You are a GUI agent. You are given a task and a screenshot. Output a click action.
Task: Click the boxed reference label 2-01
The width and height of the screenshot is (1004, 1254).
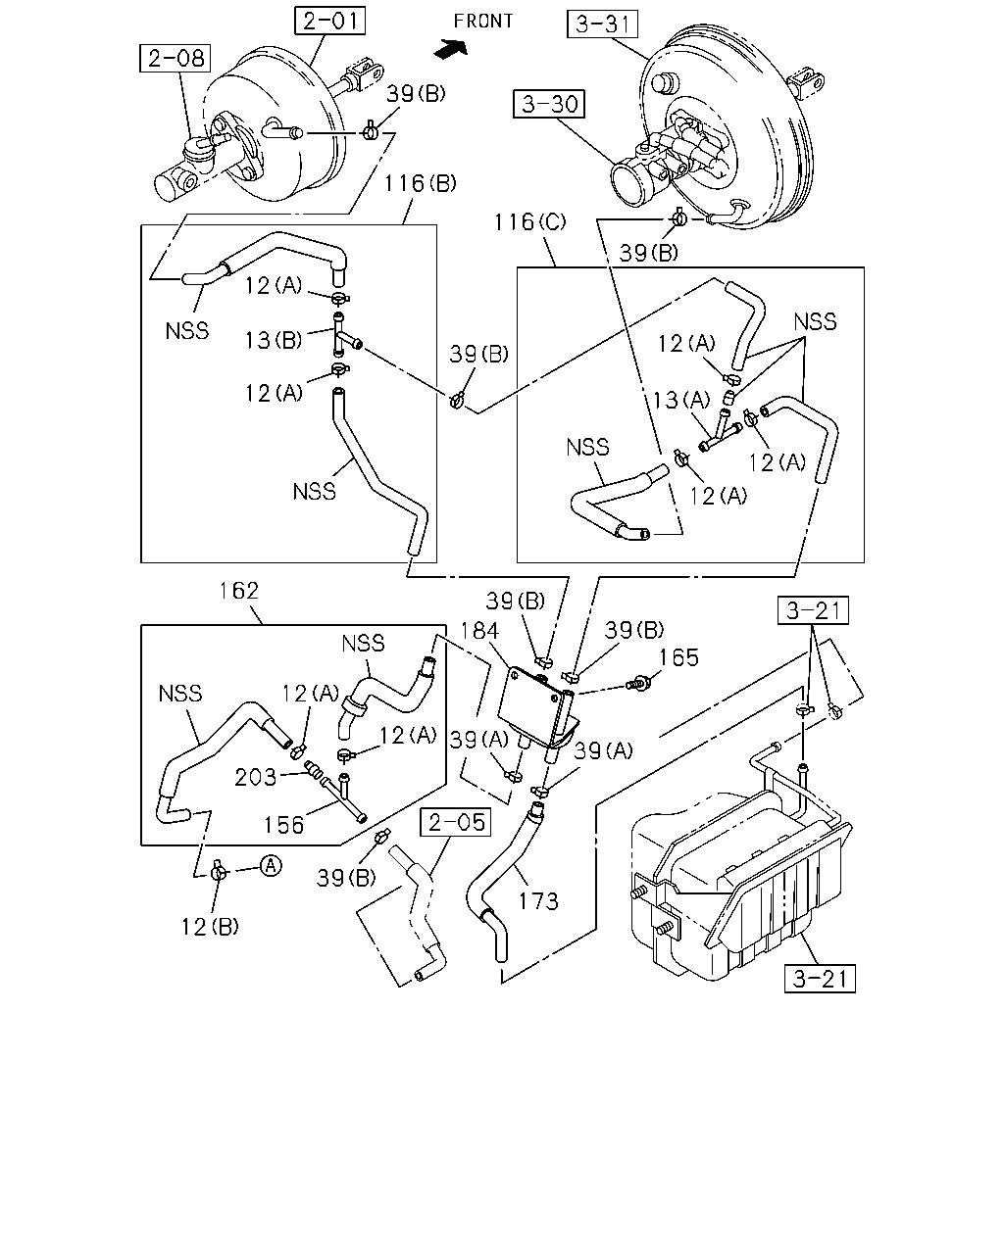(329, 21)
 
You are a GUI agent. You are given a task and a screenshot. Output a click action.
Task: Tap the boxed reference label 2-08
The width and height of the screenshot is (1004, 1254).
(176, 58)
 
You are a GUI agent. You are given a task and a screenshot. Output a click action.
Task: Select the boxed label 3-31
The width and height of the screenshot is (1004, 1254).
(602, 24)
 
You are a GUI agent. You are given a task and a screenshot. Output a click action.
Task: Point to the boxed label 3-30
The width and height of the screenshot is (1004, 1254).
(548, 104)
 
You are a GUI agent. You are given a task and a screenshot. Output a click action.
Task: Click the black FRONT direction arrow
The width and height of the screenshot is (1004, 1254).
(451, 49)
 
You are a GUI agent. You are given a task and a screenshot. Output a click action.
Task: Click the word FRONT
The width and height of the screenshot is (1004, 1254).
(483, 22)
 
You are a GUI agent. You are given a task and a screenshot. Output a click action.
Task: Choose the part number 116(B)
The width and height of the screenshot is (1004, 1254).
(420, 183)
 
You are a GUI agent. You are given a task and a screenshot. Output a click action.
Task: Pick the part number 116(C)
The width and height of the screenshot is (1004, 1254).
(529, 222)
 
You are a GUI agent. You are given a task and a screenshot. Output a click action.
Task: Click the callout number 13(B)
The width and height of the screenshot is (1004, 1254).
(273, 340)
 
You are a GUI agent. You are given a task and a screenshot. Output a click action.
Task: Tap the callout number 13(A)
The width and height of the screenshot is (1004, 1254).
(680, 400)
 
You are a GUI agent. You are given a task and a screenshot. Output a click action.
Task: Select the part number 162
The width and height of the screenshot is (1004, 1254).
(238, 591)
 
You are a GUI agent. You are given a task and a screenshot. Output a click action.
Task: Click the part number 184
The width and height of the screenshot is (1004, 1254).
(479, 631)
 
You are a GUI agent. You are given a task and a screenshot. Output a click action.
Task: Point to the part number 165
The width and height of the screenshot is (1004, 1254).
(678, 657)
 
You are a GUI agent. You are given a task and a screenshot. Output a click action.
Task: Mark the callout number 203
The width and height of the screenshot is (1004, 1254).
(255, 777)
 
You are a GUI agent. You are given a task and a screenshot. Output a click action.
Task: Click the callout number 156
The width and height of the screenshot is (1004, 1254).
(283, 825)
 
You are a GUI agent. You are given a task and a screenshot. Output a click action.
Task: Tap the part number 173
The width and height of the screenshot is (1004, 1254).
(538, 901)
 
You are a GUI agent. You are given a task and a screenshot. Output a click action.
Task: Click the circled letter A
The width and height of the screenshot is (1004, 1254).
(271, 865)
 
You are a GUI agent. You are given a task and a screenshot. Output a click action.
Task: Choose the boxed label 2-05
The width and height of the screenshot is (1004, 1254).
(456, 822)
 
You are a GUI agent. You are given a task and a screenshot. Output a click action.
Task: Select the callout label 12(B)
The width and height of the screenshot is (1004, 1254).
(210, 927)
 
